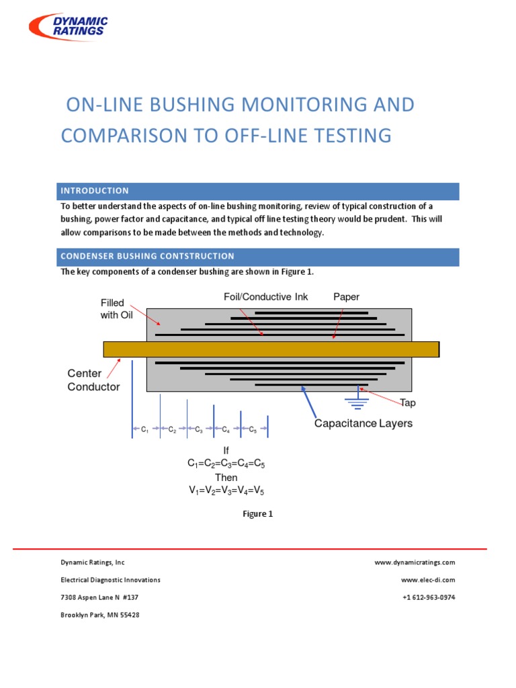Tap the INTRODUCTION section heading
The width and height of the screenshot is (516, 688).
click(x=95, y=191)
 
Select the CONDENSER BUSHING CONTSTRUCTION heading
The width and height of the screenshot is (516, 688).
click(x=147, y=256)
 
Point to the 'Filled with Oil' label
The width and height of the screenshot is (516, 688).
click(x=113, y=309)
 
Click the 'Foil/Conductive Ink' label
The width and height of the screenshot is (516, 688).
click(x=265, y=297)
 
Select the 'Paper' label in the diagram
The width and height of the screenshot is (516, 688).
click(x=347, y=297)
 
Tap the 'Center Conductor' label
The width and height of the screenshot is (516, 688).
click(x=93, y=380)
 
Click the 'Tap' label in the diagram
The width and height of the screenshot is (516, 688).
click(x=408, y=403)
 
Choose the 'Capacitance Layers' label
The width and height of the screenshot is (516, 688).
click(x=363, y=423)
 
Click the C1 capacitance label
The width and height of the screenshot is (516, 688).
click(x=145, y=429)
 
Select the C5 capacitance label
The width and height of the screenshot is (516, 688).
click(x=253, y=429)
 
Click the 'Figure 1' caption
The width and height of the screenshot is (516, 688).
click(x=257, y=514)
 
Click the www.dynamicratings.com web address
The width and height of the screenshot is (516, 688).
click(x=415, y=562)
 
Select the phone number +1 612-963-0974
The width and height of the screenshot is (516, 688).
click(x=429, y=597)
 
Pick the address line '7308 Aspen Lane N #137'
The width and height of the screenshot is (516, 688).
click(x=99, y=597)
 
